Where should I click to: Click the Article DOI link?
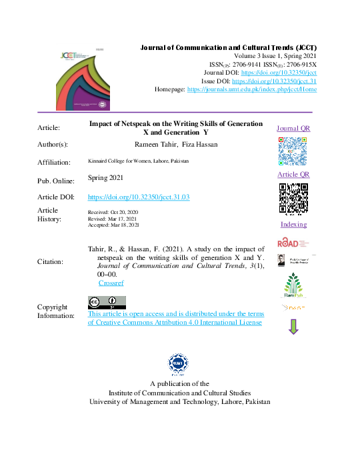[139, 197]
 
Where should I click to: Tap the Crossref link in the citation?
[110, 283]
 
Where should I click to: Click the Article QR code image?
[293, 198]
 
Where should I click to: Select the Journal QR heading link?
[293, 129]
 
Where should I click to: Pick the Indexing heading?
[293, 225]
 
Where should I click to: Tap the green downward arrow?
[293, 327]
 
